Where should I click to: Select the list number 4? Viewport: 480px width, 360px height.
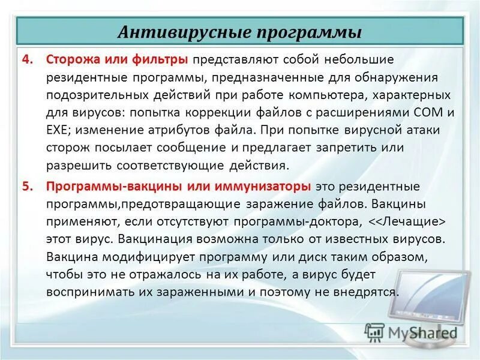point(26,60)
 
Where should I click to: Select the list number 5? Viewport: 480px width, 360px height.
point(26,186)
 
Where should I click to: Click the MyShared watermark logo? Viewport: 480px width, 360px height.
point(420,331)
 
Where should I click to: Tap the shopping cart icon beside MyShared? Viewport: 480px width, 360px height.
point(374,332)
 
